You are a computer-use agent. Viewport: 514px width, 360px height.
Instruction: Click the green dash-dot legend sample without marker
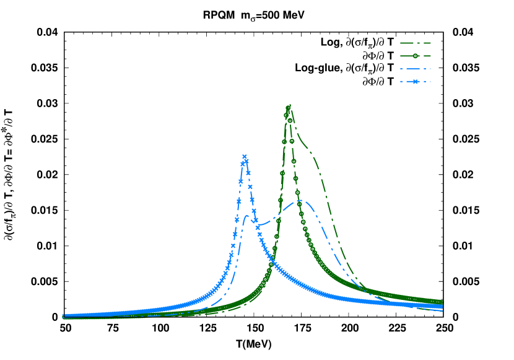coord(416,43)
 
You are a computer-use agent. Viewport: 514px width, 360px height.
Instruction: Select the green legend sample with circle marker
coord(416,56)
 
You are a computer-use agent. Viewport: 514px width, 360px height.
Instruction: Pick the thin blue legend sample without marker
coord(416,69)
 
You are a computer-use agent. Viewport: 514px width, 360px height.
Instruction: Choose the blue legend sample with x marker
coord(416,81)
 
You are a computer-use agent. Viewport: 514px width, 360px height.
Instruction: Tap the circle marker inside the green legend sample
coord(416,56)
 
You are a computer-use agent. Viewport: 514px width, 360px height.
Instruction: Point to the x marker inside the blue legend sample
coord(416,81)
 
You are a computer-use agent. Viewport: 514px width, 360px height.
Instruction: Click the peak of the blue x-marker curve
coord(245,157)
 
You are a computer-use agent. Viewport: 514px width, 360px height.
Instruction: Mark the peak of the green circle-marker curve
coord(288,108)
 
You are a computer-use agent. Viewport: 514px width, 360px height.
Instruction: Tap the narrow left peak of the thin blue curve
coord(246,216)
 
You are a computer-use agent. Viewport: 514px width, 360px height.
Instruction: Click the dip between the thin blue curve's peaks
coord(260,224)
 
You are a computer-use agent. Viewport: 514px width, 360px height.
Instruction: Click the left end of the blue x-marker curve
coord(63,315)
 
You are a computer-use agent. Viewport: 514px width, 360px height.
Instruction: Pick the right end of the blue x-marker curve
coord(443,306)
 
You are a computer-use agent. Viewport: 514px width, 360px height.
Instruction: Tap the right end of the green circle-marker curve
coord(443,302)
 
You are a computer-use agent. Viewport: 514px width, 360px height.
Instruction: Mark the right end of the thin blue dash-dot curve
coord(443,310)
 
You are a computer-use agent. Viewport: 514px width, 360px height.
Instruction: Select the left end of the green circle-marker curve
coord(63,317)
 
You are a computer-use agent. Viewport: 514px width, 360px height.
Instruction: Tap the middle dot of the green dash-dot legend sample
coord(416,43)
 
